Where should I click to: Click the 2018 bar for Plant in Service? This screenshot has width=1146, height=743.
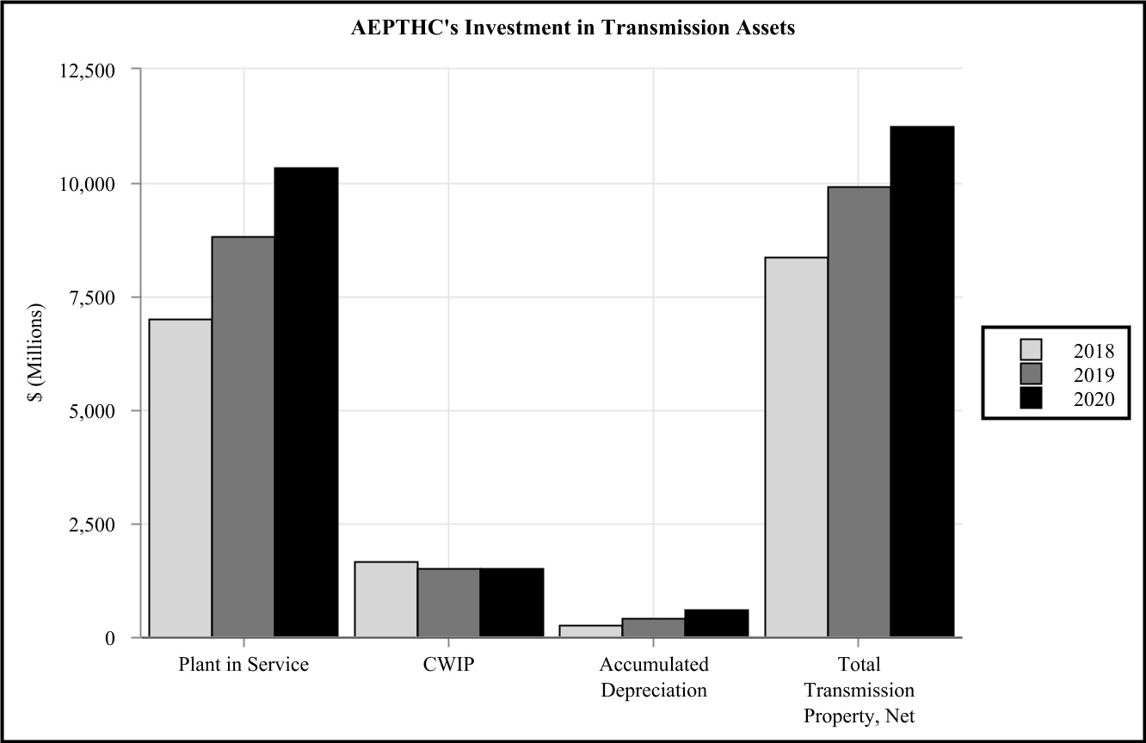tap(181, 478)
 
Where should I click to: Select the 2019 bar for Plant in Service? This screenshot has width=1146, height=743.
tap(243, 437)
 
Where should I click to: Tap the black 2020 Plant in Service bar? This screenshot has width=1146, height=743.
tap(306, 402)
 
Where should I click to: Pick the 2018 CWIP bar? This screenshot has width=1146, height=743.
tap(386, 599)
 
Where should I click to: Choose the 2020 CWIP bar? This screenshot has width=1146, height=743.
tap(511, 603)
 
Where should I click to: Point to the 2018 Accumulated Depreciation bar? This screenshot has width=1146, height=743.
tap(591, 631)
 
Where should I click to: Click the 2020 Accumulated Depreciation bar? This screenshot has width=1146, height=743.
tap(717, 623)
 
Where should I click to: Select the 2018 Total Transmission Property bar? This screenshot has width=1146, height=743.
tap(797, 447)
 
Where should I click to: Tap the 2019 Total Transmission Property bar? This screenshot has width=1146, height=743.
tap(859, 412)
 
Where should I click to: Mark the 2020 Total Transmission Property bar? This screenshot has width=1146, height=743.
tap(921, 382)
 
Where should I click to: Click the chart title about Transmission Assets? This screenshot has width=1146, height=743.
tap(572, 28)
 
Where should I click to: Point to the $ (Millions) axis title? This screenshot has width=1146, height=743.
tap(35, 353)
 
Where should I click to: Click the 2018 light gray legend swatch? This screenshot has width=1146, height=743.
tap(1030, 350)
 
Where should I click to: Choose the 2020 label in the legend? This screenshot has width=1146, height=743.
tap(1094, 398)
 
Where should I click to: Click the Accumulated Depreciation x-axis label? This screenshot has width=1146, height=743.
tap(654, 678)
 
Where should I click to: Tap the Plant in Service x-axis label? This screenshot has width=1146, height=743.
tap(243, 665)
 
